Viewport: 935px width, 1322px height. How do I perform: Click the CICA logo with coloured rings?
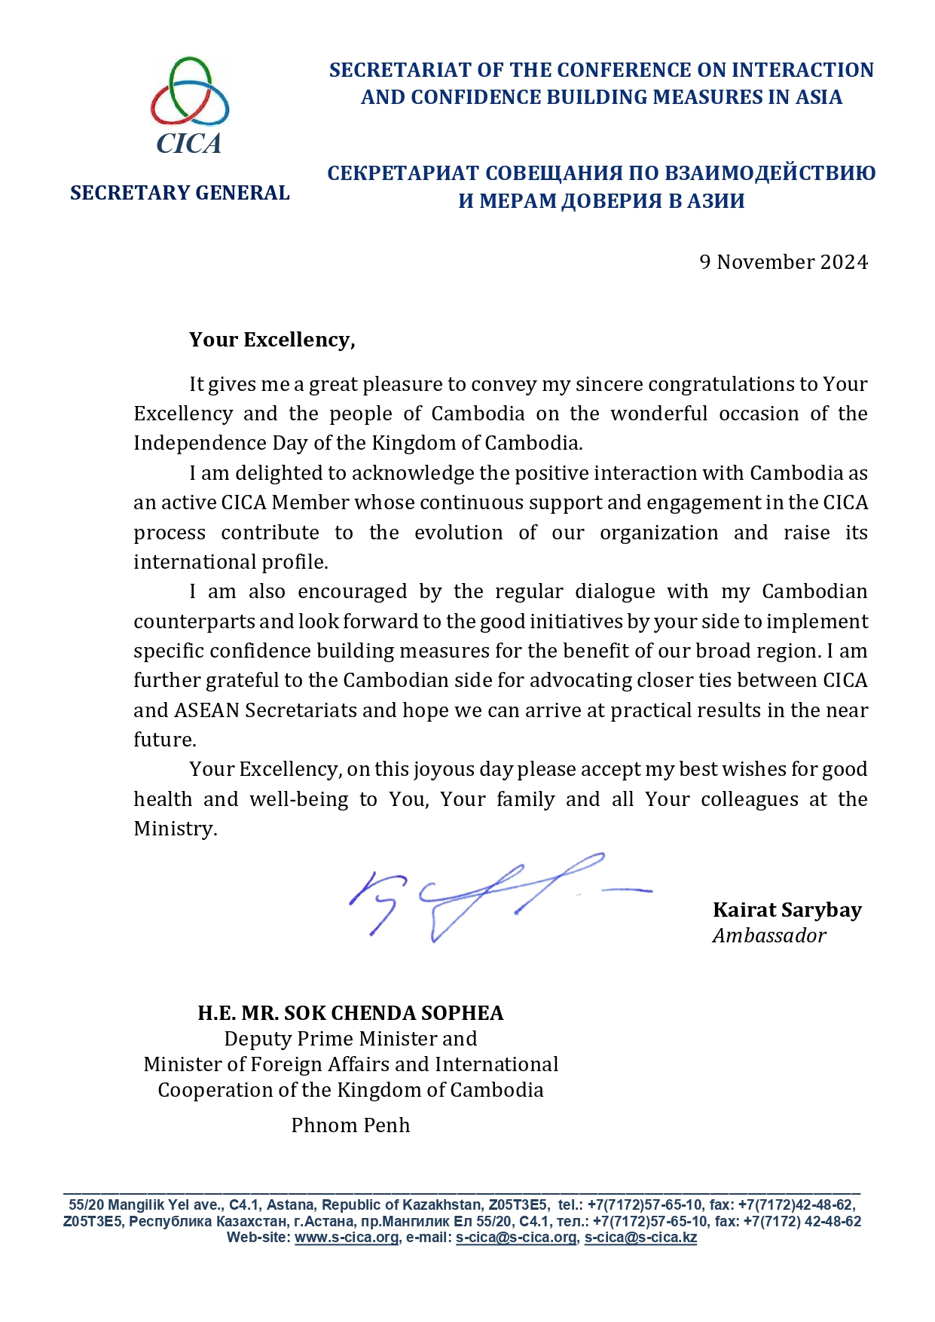tap(189, 105)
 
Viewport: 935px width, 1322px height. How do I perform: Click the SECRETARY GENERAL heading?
tap(179, 193)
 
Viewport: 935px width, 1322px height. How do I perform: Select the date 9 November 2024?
tap(784, 262)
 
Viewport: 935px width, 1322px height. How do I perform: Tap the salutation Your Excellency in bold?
tap(271, 340)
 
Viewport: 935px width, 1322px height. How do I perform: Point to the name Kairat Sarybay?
tap(787, 910)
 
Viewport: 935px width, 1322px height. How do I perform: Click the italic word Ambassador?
tap(769, 936)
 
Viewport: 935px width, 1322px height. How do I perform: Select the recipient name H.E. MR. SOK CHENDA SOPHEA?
tap(350, 1012)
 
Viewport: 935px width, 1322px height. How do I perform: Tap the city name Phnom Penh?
tap(350, 1125)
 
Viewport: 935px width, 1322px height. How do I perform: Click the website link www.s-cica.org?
tap(346, 1238)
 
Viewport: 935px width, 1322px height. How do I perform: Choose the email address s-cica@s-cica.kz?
tap(640, 1238)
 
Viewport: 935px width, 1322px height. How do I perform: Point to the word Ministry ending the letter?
tap(175, 829)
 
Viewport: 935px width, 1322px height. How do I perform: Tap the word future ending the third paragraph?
tap(164, 740)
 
